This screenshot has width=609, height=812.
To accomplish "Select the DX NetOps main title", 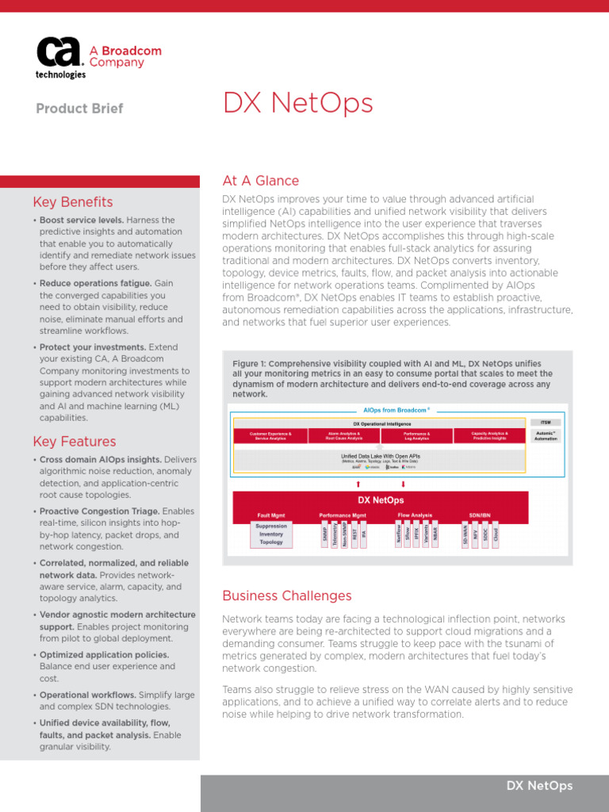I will (x=297, y=104).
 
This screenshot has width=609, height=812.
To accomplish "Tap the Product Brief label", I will (x=79, y=109).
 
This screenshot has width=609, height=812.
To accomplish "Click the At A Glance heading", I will (x=261, y=181).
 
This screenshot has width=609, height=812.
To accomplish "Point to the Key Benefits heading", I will (x=73, y=202).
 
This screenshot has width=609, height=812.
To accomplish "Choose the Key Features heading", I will (x=75, y=442).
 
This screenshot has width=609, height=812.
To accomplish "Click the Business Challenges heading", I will (x=287, y=596).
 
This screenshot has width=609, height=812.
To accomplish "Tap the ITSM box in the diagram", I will (x=546, y=423).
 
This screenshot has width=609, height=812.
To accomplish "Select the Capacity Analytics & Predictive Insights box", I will (x=489, y=435).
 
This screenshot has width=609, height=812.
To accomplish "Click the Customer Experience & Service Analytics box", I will (x=270, y=435).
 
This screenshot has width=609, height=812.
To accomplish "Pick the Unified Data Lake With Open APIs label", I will (x=380, y=457).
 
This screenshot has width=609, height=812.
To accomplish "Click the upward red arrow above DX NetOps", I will (x=358, y=483).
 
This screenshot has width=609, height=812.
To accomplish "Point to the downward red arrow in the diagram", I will (x=403, y=483).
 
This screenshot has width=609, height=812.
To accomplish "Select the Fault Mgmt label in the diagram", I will (x=271, y=515).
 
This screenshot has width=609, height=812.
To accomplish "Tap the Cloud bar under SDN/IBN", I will (x=496, y=534).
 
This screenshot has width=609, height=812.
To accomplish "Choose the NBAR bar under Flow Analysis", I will (x=435, y=534).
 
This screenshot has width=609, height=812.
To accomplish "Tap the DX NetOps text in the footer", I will (x=539, y=786).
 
